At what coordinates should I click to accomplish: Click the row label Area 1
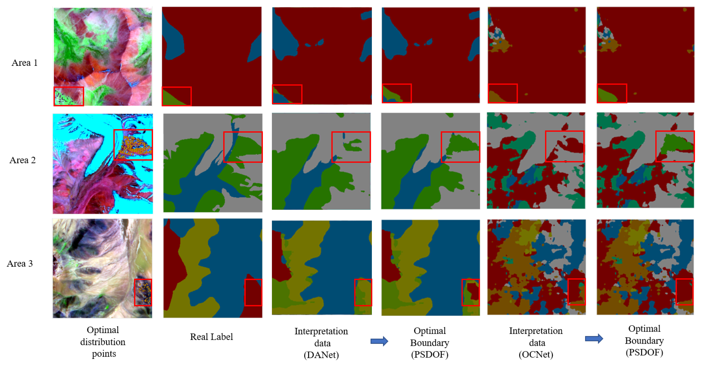(24, 63)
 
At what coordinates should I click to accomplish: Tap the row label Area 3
(20, 264)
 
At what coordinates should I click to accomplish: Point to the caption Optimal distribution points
(103, 342)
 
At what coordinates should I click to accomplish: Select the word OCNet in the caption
(536, 355)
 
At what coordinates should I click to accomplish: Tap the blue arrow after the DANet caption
(379, 341)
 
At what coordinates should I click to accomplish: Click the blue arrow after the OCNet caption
(594, 339)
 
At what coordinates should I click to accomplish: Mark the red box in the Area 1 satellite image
(69, 96)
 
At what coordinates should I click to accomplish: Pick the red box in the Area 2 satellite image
(133, 145)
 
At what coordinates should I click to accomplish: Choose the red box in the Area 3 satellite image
(143, 292)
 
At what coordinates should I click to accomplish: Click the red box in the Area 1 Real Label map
(177, 96)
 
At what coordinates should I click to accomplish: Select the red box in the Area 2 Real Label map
(243, 147)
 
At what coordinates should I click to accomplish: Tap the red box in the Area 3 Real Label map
(253, 292)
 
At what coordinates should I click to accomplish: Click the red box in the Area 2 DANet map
(351, 147)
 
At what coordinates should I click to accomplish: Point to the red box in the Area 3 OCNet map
(576, 292)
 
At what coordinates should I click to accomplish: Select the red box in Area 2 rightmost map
(675, 146)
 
